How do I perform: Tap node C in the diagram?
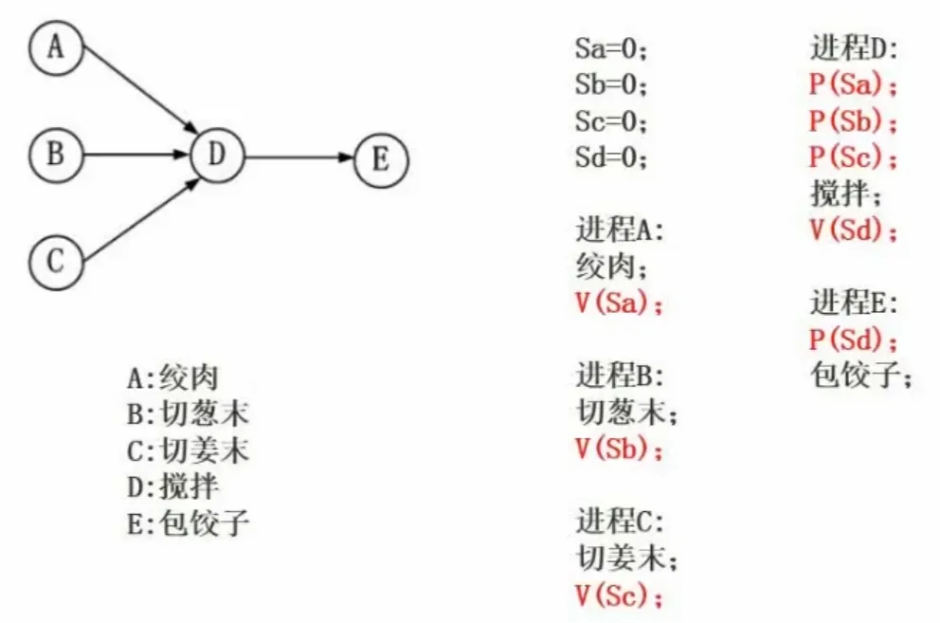(x=56, y=260)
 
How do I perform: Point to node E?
(x=380, y=158)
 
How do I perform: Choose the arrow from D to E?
(x=298, y=157)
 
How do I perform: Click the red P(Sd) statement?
(x=853, y=339)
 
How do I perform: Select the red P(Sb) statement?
(x=853, y=121)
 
